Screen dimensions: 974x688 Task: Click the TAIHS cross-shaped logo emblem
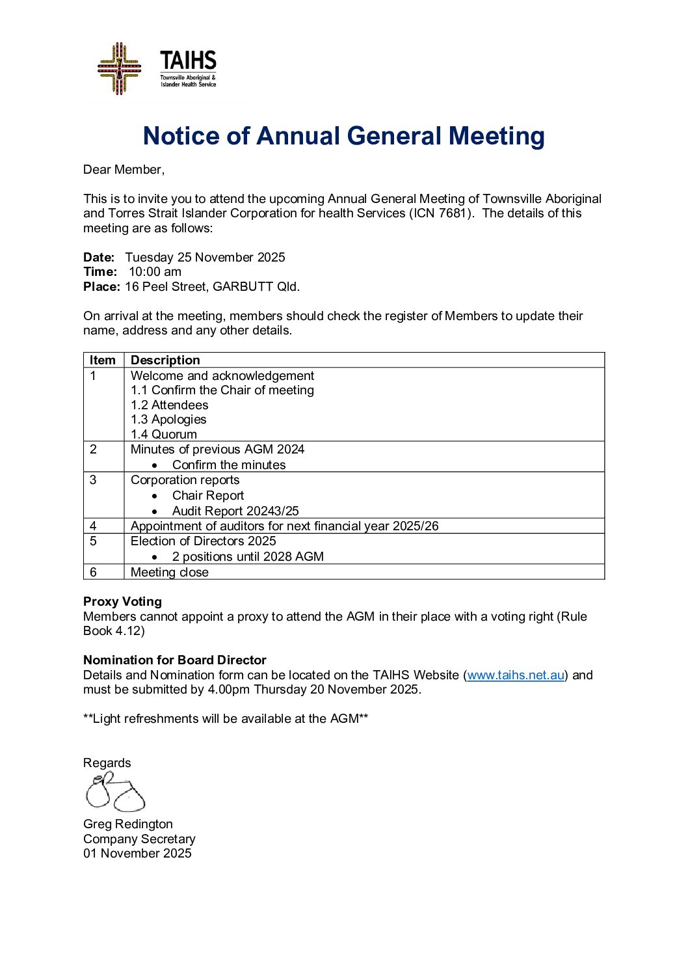[x=119, y=68]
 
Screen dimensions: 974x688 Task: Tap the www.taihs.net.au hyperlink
[x=515, y=675]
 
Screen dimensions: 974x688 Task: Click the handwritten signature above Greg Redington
[x=114, y=792]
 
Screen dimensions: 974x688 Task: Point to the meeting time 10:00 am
[x=155, y=272]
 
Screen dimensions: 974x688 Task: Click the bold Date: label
[x=99, y=258]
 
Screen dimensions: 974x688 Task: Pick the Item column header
[x=103, y=360]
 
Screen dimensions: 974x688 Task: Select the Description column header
[x=165, y=360]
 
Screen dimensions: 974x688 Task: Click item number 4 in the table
[x=94, y=526]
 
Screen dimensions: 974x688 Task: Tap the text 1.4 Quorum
[x=164, y=434]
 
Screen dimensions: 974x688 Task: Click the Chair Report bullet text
[x=208, y=496]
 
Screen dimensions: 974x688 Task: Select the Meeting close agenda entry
[x=170, y=573]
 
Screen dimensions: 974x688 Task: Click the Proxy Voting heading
[x=122, y=602]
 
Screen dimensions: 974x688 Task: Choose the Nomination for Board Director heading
[x=175, y=660]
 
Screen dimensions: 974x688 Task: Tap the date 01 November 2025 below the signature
[x=137, y=854]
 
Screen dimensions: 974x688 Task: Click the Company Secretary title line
[x=139, y=839]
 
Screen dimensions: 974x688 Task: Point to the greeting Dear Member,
[x=124, y=170]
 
